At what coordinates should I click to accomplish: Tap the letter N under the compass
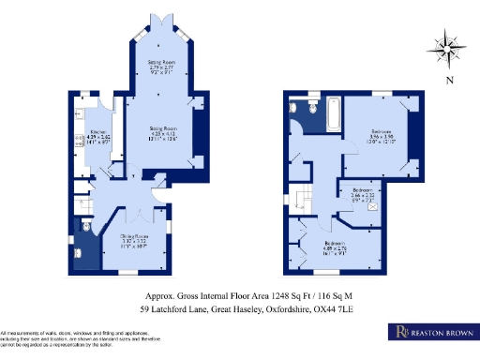click(450, 82)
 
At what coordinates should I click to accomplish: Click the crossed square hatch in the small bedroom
click(374, 208)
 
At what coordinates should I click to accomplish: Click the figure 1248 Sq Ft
click(258, 293)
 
